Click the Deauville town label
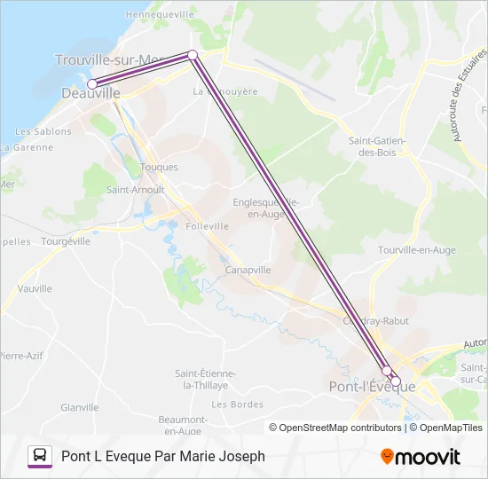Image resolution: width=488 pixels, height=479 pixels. [x=91, y=92]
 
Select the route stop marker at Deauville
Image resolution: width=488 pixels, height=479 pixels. [x=91, y=84]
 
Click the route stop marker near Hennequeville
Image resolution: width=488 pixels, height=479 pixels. [x=193, y=55]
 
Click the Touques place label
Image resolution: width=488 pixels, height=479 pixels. [x=160, y=167]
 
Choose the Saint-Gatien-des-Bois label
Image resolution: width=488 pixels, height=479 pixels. [x=378, y=146]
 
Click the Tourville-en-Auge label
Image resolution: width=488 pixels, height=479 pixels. [x=417, y=250]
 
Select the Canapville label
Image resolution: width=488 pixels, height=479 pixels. [x=248, y=270]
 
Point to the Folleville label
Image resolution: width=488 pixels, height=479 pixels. [x=208, y=226]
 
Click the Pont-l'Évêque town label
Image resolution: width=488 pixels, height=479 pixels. [x=372, y=387]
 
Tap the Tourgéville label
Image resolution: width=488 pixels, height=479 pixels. [x=66, y=241]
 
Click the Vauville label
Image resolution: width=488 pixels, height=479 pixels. [x=35, y=288]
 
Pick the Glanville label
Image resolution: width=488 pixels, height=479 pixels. [x=80, y=407]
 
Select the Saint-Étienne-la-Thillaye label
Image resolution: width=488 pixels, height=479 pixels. [x=201, y=379]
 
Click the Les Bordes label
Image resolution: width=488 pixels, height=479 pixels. [x=238, y=404]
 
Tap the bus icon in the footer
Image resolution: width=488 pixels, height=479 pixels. [x=40, y=456]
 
